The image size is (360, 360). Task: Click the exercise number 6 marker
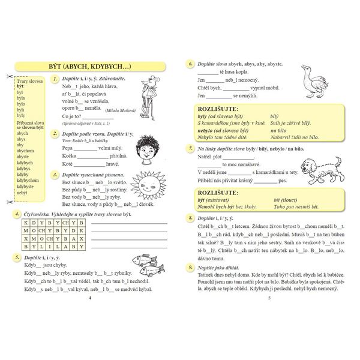190,63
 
